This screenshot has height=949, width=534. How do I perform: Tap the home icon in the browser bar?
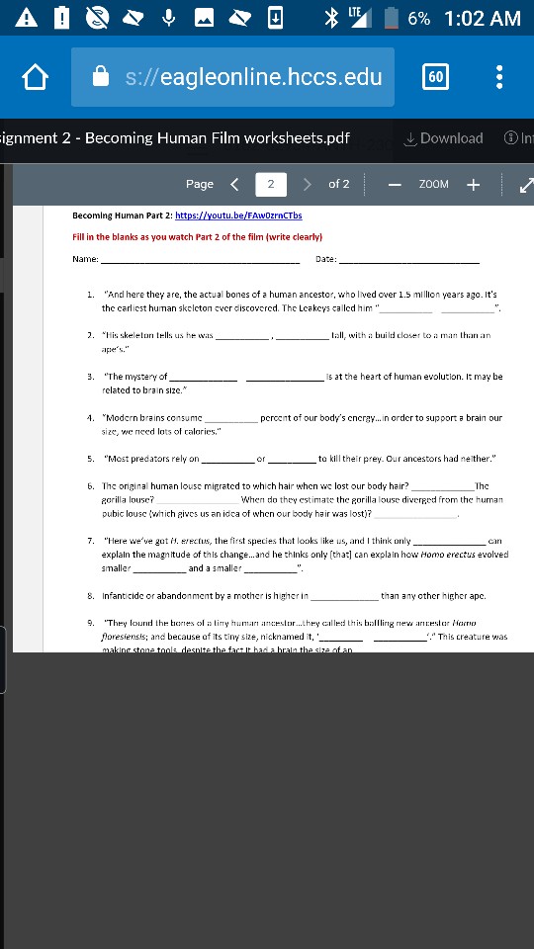click(x=36, y=77)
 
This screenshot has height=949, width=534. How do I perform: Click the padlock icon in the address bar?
click(x=99, y=77)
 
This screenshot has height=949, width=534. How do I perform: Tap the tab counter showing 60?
click(x=435, y=77)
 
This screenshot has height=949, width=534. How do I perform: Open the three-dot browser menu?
click(x=500, y=77)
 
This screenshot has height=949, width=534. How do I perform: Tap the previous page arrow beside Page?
click(x=234, y=184)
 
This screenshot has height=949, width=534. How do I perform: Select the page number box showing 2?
click(x=270, y=184)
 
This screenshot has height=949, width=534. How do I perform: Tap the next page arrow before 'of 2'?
click(x=307, y=184)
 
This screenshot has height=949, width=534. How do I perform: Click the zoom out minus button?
click(x=394, y=184)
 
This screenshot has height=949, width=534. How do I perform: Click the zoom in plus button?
click(x=473, y=184)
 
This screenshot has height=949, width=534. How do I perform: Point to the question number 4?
click(x=90, y=417)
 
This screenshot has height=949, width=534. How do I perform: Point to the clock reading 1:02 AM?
click(x=483, y=19)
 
